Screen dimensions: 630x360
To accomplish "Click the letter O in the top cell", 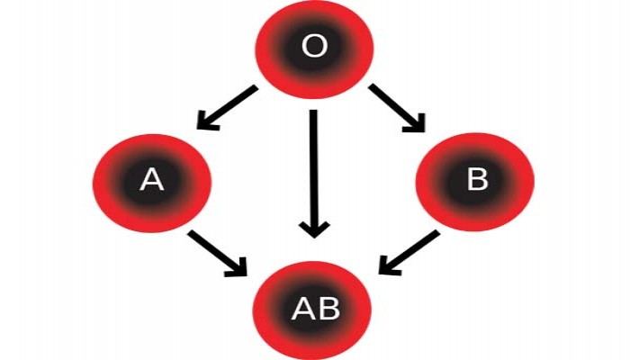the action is (x=314, y=46).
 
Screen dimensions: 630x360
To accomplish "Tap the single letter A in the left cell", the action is (x=151, y=180).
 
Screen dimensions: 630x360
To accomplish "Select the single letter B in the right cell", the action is (x=477, y=178).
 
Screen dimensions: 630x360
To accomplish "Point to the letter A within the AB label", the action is (x=303, y=309).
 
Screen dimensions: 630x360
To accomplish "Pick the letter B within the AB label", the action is (x=328, y=309).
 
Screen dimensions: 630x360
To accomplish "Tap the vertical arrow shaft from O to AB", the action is (x=314, y=169).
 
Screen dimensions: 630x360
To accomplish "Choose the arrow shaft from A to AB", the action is (x=214, y=251).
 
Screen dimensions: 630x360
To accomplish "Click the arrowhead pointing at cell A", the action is (x=207, y=121).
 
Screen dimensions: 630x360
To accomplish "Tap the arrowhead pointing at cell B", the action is (x=415, y=123).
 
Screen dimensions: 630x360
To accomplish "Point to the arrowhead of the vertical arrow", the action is (x=314, y=229).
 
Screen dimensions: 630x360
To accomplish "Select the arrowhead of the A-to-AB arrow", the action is (x=237, y=268).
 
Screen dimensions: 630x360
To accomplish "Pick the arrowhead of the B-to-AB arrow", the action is (x=389, y=266).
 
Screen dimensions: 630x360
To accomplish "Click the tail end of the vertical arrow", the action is (x=314, y=110).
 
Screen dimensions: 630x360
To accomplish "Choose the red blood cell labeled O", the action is (x=314, y=49).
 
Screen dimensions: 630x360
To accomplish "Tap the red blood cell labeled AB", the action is (x=312, y=310).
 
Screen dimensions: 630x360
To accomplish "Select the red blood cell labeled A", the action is (x=152, y=183).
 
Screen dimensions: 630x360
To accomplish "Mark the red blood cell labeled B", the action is (x=475, y=182).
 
